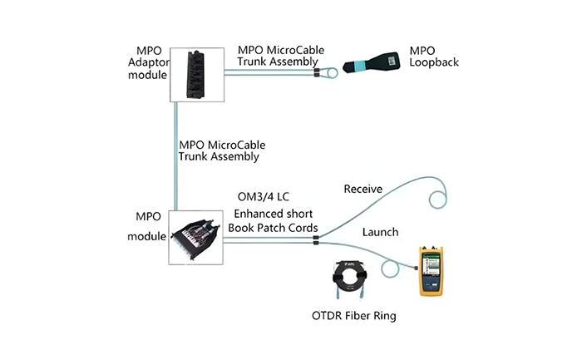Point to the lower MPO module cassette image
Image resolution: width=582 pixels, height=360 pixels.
(x=195, y=236)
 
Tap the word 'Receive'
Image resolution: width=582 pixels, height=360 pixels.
(x=363, y=190)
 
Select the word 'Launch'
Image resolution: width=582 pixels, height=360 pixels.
(x=379, y=231)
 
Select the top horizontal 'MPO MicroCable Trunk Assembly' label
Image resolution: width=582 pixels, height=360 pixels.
(x=278, y=54)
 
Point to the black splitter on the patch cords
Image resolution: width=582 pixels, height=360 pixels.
(x=315, y=241)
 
